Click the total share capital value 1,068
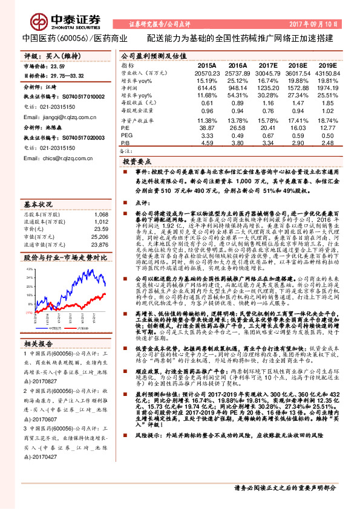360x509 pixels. pyautogui.click(x=101, y=214)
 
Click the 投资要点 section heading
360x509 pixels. pyautogui.click(x=137, y=162)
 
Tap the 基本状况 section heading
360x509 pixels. pyautogui.click(x=39, y=204)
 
